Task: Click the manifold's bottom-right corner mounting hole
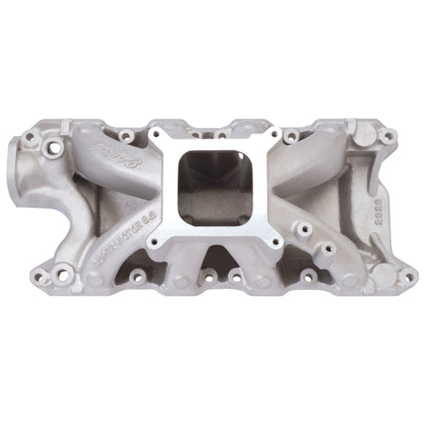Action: [407, 276]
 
